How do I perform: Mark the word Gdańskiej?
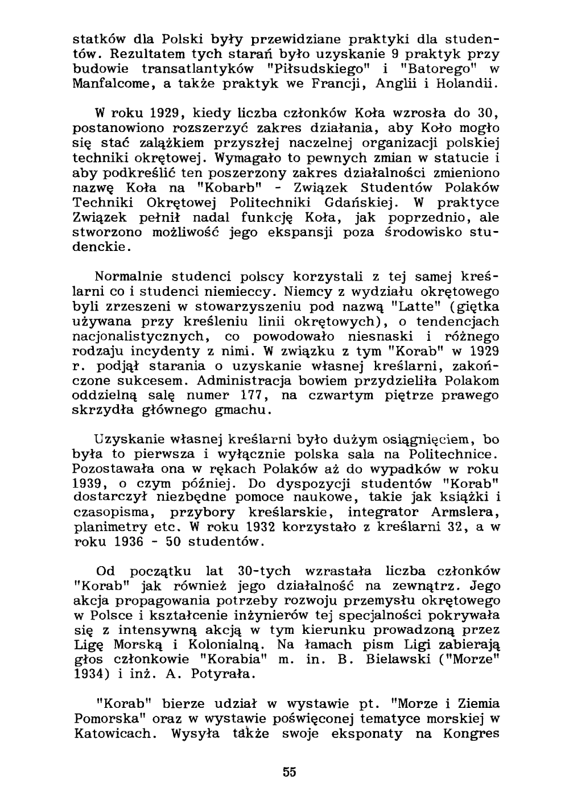(x=359, y=203)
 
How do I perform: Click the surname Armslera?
(x=463, y=514)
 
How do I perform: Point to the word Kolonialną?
(x=219, y=647)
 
